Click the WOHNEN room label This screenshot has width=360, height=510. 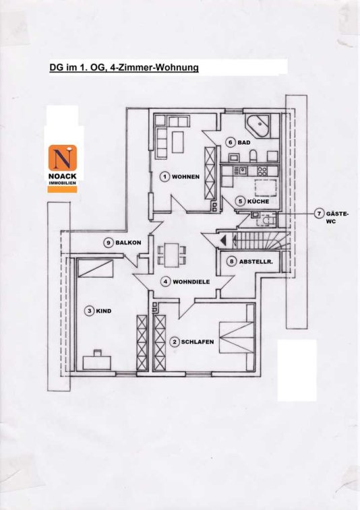coord(185,177)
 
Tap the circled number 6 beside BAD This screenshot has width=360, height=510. coord(231,142)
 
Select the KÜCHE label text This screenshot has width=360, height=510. coord(258,201)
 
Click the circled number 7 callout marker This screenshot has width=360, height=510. coord(319,214)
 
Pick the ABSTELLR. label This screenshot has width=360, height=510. coord(256,261)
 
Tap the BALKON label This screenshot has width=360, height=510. coord(128,243)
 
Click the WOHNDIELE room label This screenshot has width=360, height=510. coord(191,282)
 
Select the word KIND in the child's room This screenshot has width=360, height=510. coord(104,311)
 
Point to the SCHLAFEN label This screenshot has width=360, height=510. coord(198,342)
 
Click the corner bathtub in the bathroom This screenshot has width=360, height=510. coord(258,125)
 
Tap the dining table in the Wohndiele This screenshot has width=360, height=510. coord(171,255)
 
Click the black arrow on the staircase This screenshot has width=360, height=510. coord(224,241)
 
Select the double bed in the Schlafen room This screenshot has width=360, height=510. coord(237,338)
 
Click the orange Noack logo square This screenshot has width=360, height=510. coord(63,158)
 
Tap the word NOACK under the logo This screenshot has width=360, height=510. coord(62,177)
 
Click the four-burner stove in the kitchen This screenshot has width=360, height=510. coord(262,170)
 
